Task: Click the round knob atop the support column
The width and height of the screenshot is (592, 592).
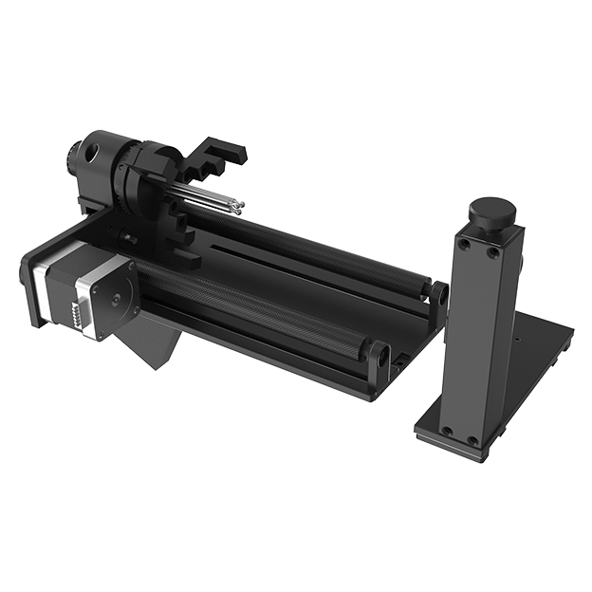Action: coord(494,210)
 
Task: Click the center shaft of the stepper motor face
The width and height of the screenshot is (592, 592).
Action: coord(117,298)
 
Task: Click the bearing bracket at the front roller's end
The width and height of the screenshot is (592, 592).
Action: coord(379,361)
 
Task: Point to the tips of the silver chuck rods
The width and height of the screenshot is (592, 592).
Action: coord(237,203)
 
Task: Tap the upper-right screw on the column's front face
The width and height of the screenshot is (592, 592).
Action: coord(493,252)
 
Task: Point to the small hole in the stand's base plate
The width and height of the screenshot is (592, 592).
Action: coord(517,338)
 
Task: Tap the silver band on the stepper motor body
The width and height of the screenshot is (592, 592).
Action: coord(43,285)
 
